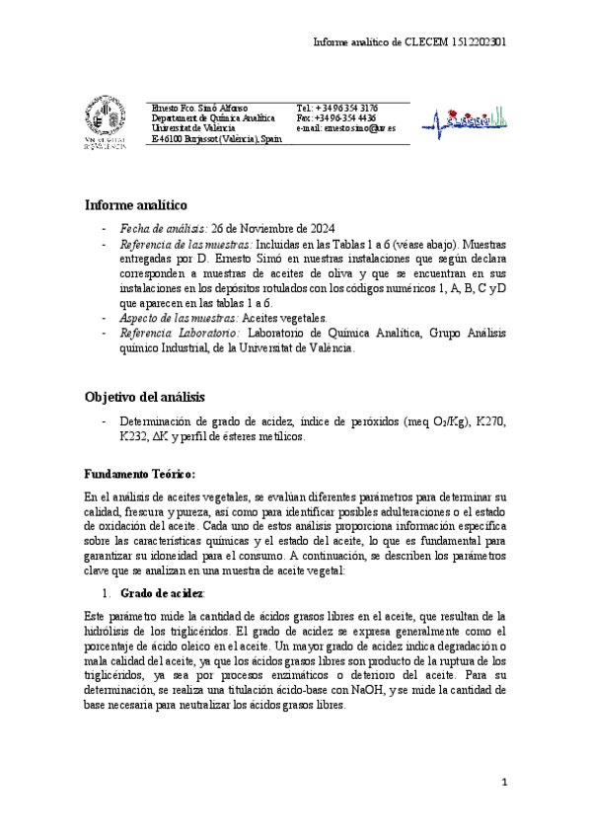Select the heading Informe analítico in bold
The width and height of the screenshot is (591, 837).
[x=136, y=205]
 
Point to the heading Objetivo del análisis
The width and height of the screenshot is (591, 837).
[x=144, y=397]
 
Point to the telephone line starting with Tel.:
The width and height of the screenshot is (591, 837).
[x=337, y=108]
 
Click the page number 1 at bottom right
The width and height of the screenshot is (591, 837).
[x=503, y=783]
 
